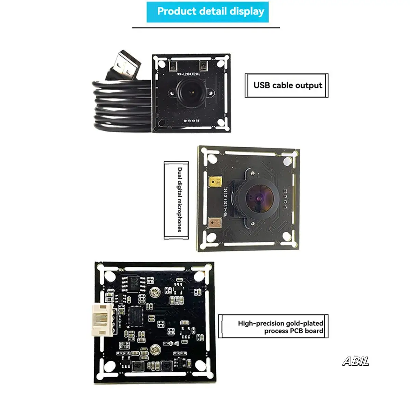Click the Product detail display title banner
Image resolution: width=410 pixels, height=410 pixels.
(x=207, y=12)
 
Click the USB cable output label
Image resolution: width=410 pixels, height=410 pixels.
(x=287, y=85)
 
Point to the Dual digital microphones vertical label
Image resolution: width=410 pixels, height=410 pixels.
(x=176, y=200)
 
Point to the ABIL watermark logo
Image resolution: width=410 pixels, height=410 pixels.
(x=356, y=361)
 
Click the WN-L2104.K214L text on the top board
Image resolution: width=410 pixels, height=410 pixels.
(x=189, y=73)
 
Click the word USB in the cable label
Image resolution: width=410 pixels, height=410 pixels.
(x=262, y=85)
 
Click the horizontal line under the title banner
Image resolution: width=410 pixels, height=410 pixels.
(x=206, y=27)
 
